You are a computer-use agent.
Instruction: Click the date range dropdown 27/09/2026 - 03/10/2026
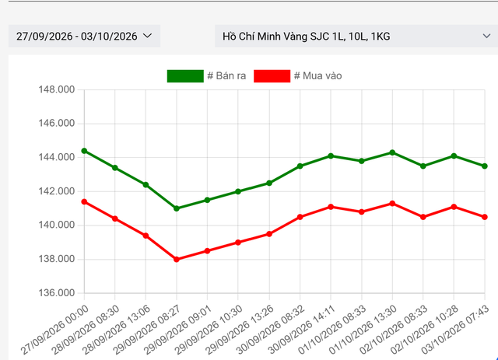(x=84, y=36)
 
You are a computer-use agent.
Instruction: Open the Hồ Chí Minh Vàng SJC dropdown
(x=356, y=36)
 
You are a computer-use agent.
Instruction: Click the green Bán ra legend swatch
(x=185, y=76)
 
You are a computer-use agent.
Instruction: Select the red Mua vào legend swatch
(x=272, y=76)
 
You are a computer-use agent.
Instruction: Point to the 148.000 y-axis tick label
(x=57, y=89)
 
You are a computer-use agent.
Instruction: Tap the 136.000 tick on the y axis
(x=57, y=292)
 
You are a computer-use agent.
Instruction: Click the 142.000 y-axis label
(x=57, y=191)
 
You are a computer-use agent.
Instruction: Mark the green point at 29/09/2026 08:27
(x=177, y=208)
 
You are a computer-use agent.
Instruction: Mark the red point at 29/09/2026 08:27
(x=177, y=260)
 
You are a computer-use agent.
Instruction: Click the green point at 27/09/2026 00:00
(x=84, y=151)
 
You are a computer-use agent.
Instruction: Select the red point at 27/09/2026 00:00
(x=84, y=201)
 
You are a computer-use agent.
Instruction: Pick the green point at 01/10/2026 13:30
(x=392, y=152)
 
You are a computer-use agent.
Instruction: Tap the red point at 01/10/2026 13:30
(x=392, y=204)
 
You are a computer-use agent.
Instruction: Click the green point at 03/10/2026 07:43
(x=485, y=166)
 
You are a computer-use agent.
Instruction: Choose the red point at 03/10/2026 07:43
(x=485, y=217)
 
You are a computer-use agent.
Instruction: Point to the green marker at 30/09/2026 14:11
(x=331, y=156)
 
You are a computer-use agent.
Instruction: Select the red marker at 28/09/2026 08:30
(x=115, y=218)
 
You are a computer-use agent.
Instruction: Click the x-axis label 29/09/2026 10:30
(x=209, y=330)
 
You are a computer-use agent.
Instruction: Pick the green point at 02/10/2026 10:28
(x=454, y=156)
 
